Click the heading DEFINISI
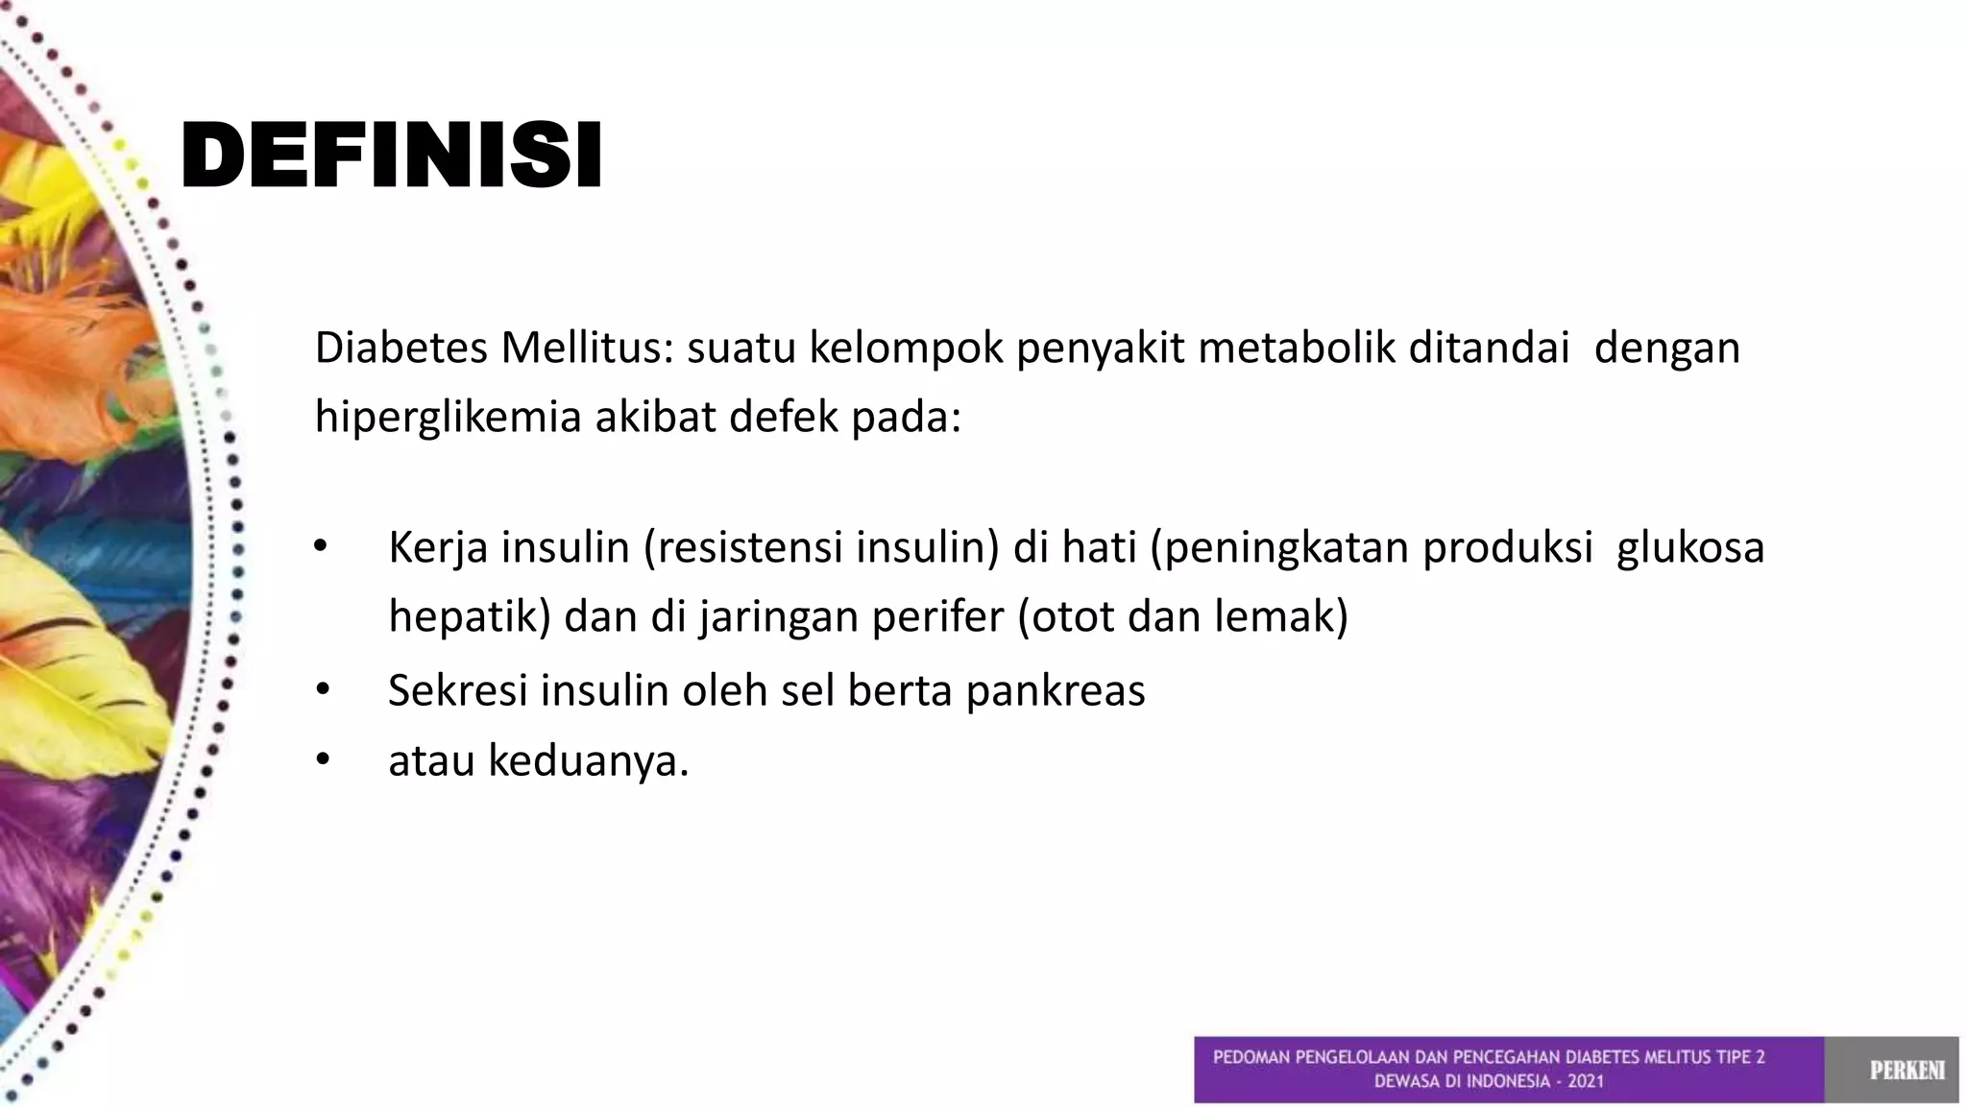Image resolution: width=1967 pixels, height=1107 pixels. pyautogui.click(x=391, y=156)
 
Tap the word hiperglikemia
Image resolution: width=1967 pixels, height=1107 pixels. pyautogui.click(x=449, y=418)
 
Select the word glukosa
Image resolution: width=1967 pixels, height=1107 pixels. pyautogui.click(x=1690, y=548)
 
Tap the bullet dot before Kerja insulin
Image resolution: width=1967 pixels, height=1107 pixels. pyautogui.click(x=321, y=547)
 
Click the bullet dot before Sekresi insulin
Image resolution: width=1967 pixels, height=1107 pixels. pyautogui.click(x=321, y=689)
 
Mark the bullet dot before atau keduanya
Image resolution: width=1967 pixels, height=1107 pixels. pyautogui.click(x=321, y=760)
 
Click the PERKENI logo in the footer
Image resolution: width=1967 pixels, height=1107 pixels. pyautogui.click(x=1906, y=1070)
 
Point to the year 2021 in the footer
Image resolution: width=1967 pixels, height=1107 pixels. pyautogui.click(x=1586, y=1081)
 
